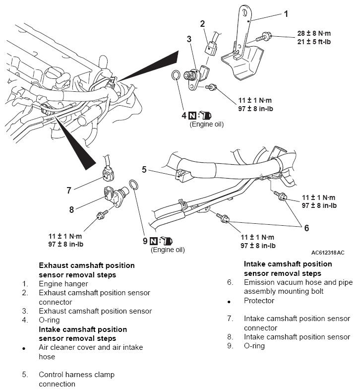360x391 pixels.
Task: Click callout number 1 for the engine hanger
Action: tap(286, 13)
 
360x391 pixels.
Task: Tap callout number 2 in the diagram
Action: tap(202, 23)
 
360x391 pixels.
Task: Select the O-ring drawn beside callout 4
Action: tap(176, 75)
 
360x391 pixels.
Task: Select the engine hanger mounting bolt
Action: tap(263, 36)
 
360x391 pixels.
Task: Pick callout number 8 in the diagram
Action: tap(71, 209)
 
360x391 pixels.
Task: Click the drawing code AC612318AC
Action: tap(328, 253)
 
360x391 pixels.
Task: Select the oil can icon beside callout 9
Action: tap(167, 241)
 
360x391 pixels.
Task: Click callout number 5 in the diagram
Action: tap(144, 169)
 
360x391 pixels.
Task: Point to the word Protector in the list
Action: tap(259, 301)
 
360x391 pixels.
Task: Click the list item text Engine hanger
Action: tap(63, 284)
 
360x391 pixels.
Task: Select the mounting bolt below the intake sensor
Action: tap(101, 215)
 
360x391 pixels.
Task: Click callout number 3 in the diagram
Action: tap(189, 39)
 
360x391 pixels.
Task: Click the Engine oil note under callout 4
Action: tap(206, 124)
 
